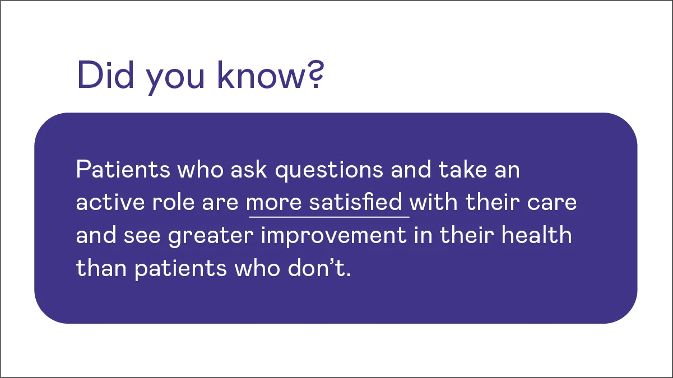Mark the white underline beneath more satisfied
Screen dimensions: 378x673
point(328,216)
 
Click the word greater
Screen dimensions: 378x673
point(212,236)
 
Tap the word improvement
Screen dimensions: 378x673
point(333,236)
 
